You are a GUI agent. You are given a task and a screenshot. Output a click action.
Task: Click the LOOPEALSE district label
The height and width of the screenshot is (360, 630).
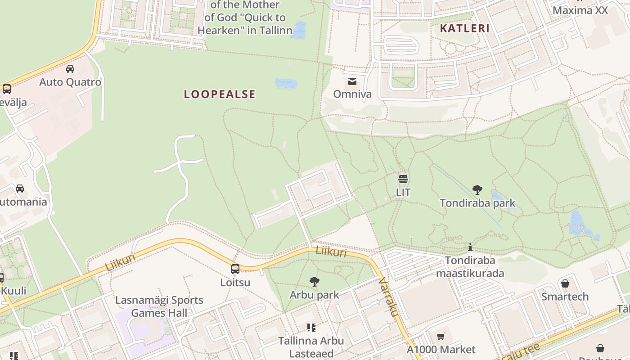click(x=220, y=94)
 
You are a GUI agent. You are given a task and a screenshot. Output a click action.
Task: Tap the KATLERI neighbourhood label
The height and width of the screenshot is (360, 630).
click(x=464, y=28)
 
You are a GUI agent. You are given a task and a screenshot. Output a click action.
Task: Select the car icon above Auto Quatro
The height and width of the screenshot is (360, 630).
click(x=70, y=69)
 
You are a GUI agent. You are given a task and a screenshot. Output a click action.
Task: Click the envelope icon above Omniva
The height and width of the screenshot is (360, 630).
click(x=352, y=81)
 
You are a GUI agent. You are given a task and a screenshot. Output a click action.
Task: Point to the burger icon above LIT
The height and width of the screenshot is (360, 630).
click(x=403, y=179)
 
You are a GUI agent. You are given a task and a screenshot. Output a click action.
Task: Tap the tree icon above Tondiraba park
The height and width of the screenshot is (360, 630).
click(x=477, y=190)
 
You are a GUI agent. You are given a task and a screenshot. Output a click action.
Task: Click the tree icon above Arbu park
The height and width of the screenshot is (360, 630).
click(x=315, y=282)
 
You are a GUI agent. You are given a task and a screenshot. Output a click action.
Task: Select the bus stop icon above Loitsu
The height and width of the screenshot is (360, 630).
click(x=235, y=269)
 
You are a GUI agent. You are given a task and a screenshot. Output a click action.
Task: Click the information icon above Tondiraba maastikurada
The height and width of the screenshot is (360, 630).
click(x=470, y=247)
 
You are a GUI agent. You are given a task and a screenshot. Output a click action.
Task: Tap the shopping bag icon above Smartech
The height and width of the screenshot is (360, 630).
click(x=565, y=283)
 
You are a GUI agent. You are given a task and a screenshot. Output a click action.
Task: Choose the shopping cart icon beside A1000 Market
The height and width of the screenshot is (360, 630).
click(x=441, y=337)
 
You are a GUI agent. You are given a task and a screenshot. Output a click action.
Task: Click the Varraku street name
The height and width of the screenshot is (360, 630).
click(x=389, y=297)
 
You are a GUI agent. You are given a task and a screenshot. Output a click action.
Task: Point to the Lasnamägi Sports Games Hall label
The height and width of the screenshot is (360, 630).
click(x=159, y=306)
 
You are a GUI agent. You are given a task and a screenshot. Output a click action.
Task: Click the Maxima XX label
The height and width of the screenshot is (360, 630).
click(x=580, y=10)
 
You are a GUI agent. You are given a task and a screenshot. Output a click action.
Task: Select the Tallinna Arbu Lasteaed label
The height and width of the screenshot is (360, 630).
click(x=311, y=347)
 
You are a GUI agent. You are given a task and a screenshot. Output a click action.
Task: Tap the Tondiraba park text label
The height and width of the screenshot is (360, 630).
click(x=477, y=203)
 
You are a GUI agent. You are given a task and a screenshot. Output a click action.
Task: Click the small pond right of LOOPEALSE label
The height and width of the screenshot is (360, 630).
click(x=286, y=83)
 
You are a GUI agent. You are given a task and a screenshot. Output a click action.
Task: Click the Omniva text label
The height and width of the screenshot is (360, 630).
click(x=352, y=94)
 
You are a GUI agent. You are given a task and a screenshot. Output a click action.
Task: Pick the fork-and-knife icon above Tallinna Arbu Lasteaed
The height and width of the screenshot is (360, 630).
click(x=311, y=327)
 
